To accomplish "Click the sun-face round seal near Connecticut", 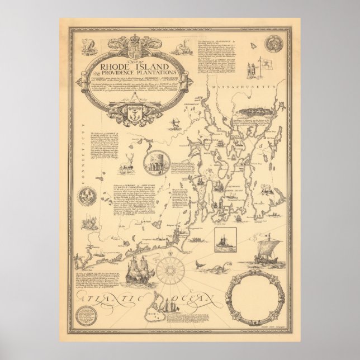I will click(90, 193).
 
